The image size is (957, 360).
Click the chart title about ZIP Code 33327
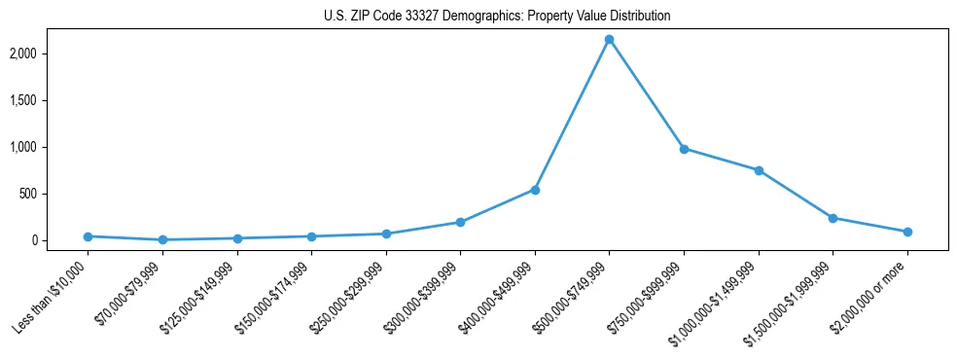[497, 17]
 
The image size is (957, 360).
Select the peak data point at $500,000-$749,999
[609, 39]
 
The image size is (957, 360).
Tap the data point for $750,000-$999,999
[684, 149]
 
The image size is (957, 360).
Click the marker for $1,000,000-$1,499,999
[759, 170]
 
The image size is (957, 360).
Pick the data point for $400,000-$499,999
[535, 190]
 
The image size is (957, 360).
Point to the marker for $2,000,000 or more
[907, 232]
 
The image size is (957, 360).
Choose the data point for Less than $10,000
[88, 236]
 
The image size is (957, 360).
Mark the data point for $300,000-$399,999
[460, 222]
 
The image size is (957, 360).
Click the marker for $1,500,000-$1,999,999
[833, 218]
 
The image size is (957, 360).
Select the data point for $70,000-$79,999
[162, 239]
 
